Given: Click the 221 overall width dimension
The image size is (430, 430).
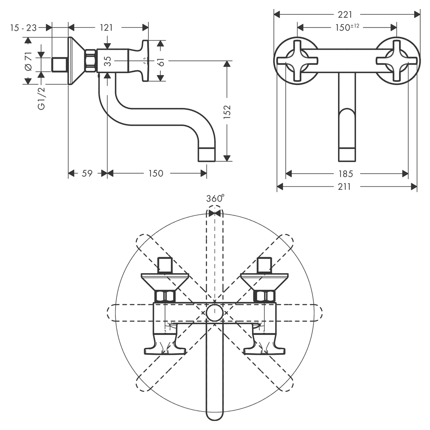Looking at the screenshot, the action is [345, 14].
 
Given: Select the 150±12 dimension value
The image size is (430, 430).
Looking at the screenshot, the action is [347, 27].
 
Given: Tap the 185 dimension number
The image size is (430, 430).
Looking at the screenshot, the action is [346, 174].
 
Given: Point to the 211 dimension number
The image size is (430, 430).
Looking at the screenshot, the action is [344, 187].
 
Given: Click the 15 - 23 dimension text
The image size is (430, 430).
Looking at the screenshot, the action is [23, 28].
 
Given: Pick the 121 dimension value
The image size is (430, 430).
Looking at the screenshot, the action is [106, 28].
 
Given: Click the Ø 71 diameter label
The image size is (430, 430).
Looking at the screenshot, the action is [28, 61].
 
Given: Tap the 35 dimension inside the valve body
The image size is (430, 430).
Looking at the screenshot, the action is [108, 61].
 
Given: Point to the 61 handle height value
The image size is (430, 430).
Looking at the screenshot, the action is [161, 62].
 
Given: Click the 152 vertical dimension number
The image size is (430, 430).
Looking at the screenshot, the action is [227, 112].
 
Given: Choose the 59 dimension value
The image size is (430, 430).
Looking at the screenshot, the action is [87, 173].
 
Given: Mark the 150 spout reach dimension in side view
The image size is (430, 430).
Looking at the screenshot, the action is [156, 173].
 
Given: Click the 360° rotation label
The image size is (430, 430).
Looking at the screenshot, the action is [215, 198].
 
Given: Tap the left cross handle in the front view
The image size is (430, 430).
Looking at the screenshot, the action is [298, 61].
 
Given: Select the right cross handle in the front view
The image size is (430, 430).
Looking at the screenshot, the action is [396, 61].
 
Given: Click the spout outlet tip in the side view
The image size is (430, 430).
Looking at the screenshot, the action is [206, 155].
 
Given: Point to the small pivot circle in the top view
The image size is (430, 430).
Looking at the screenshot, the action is [215, 313].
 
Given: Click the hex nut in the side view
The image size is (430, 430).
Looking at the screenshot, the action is [91, 61].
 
